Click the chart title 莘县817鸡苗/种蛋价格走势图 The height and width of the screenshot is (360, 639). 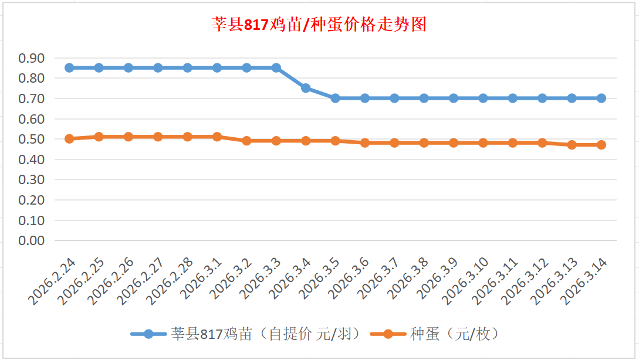[x=319, y=25]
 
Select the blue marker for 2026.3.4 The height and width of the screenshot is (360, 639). [x=306, y=88]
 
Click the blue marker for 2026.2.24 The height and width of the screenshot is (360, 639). [x=69, y=67]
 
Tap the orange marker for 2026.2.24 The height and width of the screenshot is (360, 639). [x=69, y=139]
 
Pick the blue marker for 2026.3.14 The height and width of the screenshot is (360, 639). [x=601, y=98]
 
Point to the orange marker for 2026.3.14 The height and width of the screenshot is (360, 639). [x=601, y=145]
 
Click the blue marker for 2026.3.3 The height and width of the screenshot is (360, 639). [x=276, y=67]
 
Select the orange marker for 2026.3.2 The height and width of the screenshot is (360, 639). [x=246, y=141]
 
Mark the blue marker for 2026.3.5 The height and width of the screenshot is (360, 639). [x=335, y=98]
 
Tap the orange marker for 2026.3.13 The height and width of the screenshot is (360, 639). [x=572, y=145]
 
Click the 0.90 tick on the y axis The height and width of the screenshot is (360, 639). [x=32, y=58]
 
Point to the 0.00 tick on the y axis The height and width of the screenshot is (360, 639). [x=32, y=240]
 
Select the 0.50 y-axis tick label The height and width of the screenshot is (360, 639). [x=32, y=139]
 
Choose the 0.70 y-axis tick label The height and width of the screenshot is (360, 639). [x=32, y=99]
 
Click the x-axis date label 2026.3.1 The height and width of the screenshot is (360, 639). [x=203, y=280]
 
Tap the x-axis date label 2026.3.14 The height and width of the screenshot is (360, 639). [x=584, y=283]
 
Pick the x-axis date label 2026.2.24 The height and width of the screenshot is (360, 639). [x=52, y=283]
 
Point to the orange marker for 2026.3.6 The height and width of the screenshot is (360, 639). [x=365, y=142]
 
